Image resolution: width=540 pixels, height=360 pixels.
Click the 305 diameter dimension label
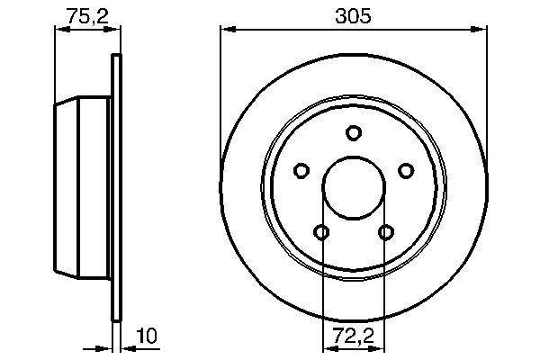click(353, 16)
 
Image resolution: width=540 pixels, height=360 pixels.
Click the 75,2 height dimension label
click(87, 16)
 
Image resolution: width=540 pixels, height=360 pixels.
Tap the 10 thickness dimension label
click(147, 336)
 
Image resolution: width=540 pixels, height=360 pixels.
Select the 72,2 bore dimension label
click(354, 336)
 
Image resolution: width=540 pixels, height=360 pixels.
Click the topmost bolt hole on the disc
click(354, 132)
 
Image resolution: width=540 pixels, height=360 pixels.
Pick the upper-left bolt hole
click(301, 170)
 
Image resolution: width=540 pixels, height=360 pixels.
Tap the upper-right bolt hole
click(406, 170)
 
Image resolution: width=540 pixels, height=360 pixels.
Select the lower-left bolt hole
click(321, 232)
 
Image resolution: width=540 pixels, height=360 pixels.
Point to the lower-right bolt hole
click(386, 232)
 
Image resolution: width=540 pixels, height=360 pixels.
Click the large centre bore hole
click(354, 188)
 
